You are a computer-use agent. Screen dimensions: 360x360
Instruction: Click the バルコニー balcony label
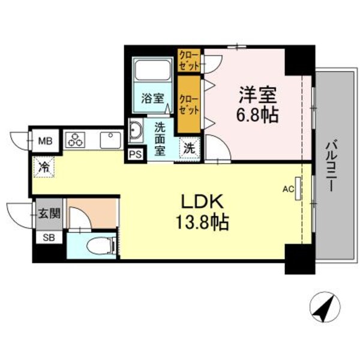point(331,166)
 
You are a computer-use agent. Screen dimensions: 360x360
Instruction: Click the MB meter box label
point(45,142)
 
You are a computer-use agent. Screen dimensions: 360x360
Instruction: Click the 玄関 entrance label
point(47,212)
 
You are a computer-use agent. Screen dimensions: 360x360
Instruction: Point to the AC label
point(287,190)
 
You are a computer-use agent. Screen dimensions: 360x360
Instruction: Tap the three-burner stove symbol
point(76,140)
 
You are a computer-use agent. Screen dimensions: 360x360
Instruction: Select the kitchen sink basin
point(110,140)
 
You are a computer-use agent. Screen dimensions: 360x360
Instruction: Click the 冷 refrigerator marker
point(44,166)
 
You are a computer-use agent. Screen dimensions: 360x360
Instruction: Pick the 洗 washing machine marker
point(188,147)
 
